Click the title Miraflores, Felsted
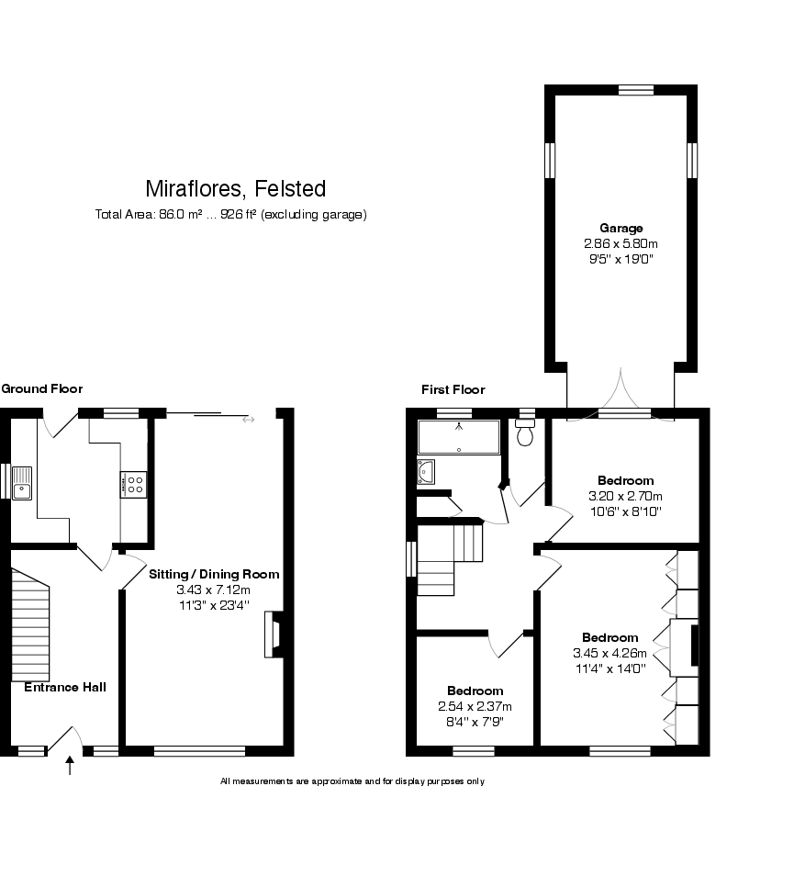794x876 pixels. (x=236, y=189)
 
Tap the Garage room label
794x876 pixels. (x=621, y=228)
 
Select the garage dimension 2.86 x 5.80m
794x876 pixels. (x=621, y=243)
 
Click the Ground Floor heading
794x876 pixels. (x=41, y=388)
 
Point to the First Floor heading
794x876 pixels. (x=453, y=389)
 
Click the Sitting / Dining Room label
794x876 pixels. (x=214, y=574)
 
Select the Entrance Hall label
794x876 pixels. (x=65, y=687)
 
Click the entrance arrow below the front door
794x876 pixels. (x=70, y=765)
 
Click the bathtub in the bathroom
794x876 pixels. (x=459, y=437)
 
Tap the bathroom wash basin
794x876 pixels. (x=427, y=471)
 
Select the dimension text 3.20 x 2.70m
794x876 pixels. (x=625, y=496)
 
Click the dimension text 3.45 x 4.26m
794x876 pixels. (x=610, y=653)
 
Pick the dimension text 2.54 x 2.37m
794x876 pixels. (x=475, y=706)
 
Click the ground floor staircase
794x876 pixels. (x=30, y=624)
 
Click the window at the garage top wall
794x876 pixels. (x=635, y=89)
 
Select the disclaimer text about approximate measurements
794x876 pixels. (x=352, y=781)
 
